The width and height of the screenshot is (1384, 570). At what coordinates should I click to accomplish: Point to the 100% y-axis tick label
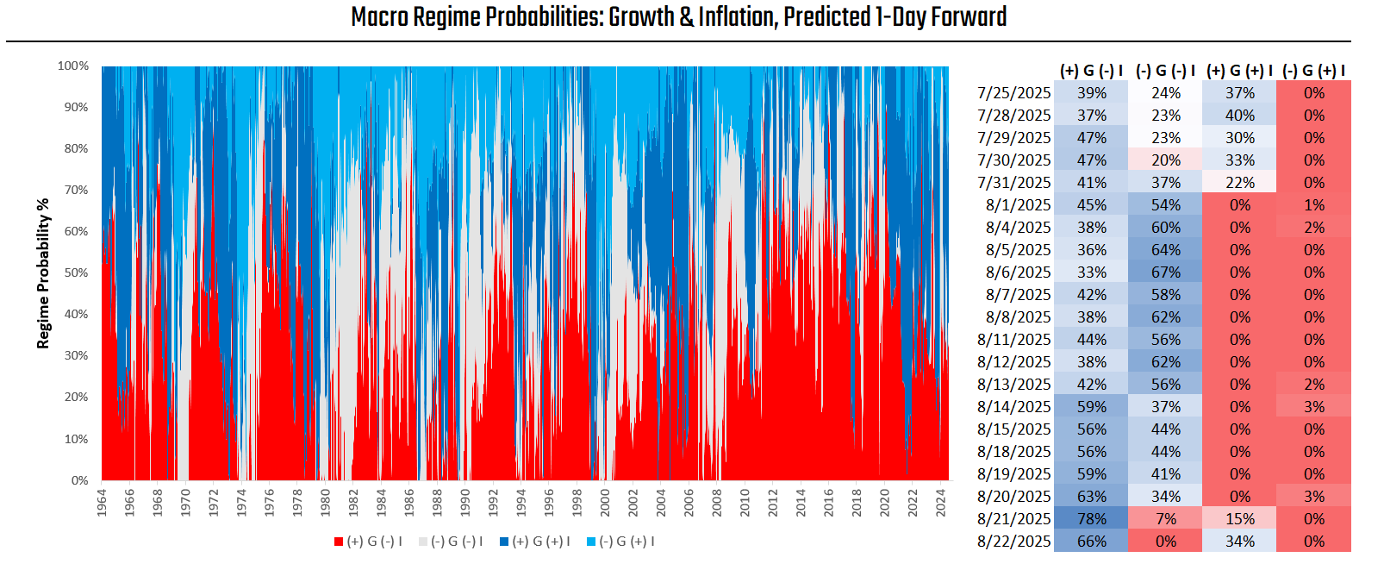[73, 66]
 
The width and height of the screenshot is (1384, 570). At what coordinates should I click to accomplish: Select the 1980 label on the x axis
[325, 503]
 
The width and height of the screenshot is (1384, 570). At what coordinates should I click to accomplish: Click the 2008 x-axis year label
[717, 503]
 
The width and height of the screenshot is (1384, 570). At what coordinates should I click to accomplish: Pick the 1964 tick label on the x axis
[102, 503]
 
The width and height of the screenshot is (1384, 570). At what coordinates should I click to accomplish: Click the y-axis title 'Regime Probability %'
[43, 273]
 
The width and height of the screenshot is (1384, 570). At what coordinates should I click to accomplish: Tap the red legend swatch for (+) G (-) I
[339, 542]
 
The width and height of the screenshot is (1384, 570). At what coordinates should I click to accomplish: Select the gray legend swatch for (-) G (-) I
[423, 542]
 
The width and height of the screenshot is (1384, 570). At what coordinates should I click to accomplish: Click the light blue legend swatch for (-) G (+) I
[591, 542]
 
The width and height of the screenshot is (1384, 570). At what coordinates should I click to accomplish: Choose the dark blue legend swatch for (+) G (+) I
[504, 542]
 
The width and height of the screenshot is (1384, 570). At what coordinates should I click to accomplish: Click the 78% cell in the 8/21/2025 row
[1091, 519]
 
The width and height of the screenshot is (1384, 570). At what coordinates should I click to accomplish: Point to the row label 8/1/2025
[1019, 205]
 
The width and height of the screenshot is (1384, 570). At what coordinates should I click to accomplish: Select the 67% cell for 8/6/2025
[1165, 272]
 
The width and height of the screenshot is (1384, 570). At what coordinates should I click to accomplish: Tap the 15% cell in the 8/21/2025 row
[1239, 519]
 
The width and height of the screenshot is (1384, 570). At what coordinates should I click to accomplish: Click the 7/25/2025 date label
[1014, 93]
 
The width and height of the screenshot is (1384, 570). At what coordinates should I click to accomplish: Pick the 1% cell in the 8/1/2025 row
[1313, 205]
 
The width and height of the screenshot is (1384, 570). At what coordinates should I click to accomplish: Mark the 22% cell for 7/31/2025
[1239, 183]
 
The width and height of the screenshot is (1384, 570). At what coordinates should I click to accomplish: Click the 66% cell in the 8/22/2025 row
[1091, 542]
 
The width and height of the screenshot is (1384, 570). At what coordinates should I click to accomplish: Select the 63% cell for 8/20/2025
[1091, 497]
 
